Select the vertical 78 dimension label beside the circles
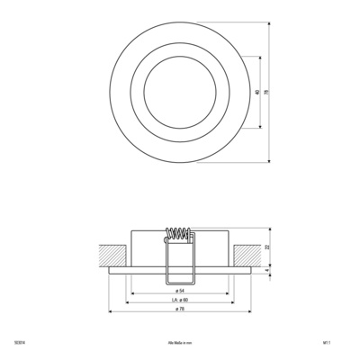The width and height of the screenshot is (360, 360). pos(266,93)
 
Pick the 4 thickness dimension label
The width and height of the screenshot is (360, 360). pos(266,267)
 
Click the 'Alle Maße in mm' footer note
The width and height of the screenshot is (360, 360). pos(180,342)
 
